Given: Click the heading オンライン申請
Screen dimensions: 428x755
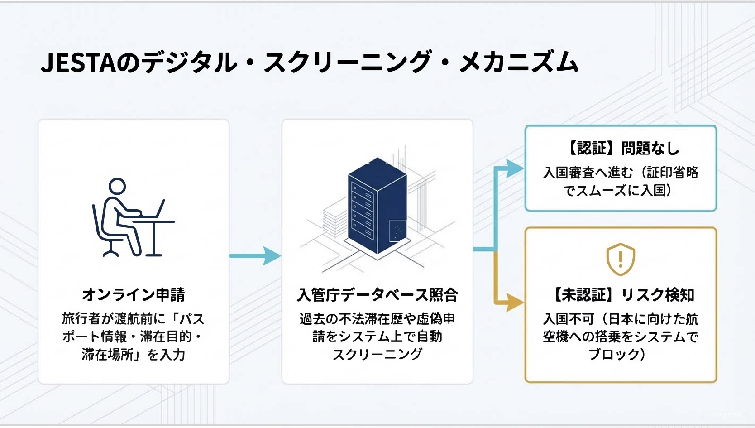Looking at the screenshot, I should coord(134,295).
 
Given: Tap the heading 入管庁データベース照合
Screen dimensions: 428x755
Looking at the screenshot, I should coord(377,295).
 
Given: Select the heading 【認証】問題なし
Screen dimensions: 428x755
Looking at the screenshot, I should coord(621,148).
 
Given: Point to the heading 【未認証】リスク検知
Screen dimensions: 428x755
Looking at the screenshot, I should coord(621,295).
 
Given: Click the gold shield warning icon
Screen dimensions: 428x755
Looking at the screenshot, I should coord(621,260).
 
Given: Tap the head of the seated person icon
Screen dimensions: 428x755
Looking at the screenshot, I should coord(117,186).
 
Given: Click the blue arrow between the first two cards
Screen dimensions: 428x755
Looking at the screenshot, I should coord(255,256).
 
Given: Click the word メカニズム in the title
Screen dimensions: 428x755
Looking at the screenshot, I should coord(519,63).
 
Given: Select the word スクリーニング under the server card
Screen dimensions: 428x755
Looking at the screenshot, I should coord(377,354).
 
